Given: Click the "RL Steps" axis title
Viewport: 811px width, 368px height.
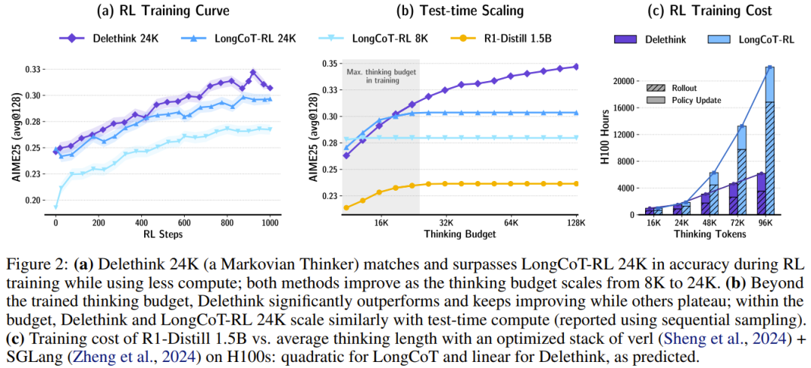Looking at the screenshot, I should point(163,234).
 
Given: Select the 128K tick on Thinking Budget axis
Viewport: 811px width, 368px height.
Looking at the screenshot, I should point(576,223).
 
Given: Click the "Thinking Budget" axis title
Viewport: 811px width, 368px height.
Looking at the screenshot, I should point(460,234).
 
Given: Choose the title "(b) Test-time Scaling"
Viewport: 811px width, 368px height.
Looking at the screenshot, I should point(460,11).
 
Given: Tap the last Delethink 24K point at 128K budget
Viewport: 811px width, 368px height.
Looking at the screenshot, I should point(576,66).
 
